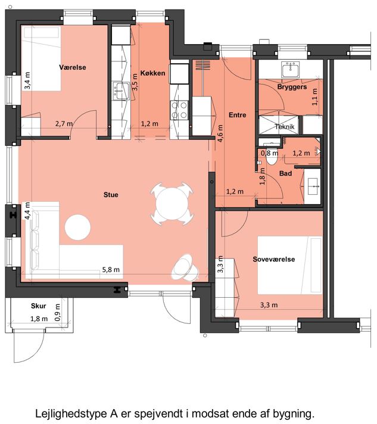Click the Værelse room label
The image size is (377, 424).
[x=73, y=67]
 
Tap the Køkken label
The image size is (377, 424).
[x=152, y=73]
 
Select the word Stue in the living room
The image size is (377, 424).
[x=111, y=195]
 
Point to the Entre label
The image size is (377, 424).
[x=238, y=115]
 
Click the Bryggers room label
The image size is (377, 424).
[x=292, y=87]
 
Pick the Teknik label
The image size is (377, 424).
[x=285, y=127]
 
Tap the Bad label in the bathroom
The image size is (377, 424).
[x=286, y=173]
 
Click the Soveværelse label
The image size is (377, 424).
[x=274, y=259]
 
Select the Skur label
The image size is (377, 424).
[x=38, y=306]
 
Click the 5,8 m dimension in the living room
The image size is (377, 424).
[x=111, y=270]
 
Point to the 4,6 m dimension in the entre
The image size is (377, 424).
[x=220, y=133]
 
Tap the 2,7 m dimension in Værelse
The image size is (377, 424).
[x=64, y=124]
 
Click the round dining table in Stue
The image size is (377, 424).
[x=172, y=204]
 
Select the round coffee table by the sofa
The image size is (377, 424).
[x=77, y=227]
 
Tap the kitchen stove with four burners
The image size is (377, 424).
[x=179, y=110]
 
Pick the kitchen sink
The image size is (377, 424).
[x=121, y=91]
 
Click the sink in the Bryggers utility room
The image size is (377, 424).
[x=291, y=70]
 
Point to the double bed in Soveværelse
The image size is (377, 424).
[x=290, y=265]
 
